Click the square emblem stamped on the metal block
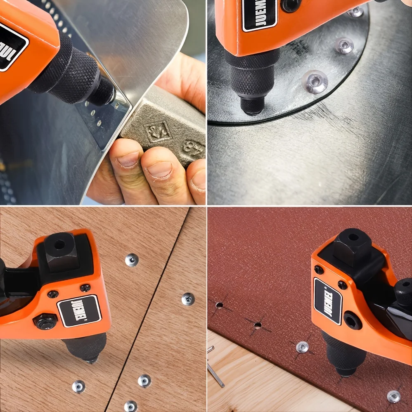[156, 131]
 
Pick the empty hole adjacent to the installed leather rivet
[258, 325]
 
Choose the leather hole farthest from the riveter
[219, 305]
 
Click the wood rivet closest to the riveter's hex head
[131, 260]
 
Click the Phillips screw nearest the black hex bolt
[53, 294]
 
